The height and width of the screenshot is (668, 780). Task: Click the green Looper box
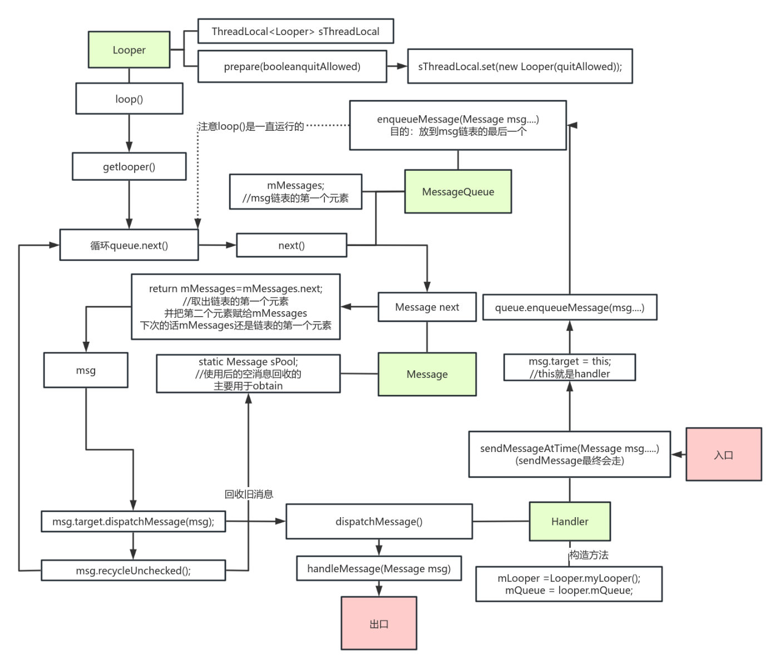tap(129, 50)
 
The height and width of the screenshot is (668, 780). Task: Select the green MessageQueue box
tap(458, 191)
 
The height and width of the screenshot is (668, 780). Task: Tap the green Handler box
tap(569, 522)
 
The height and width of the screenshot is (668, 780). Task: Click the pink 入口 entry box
tap(723, 454)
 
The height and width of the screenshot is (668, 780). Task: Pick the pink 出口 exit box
tap(379, 623)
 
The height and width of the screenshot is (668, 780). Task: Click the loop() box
tap(129, 99)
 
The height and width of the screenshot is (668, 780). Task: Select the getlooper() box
tap(129, 166)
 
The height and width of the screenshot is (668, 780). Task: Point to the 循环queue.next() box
tap(129, 245)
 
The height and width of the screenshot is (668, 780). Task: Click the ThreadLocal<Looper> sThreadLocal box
tap(295, 31)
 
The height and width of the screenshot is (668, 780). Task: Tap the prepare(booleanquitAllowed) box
tap(292, 67)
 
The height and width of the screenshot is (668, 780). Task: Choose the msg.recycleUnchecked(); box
tap(134, 571)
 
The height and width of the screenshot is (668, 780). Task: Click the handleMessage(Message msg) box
tap(379, 568)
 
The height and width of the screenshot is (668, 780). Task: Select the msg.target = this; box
tap(570, 367)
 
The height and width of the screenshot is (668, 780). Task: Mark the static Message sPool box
tap(248, 374)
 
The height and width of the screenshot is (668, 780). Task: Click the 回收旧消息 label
tap(249, 494)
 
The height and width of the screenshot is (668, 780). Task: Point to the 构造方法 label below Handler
tap(589, 555)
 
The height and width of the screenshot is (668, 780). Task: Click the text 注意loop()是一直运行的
tap(251, 126)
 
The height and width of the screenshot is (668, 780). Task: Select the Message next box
tap(427, 307)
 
